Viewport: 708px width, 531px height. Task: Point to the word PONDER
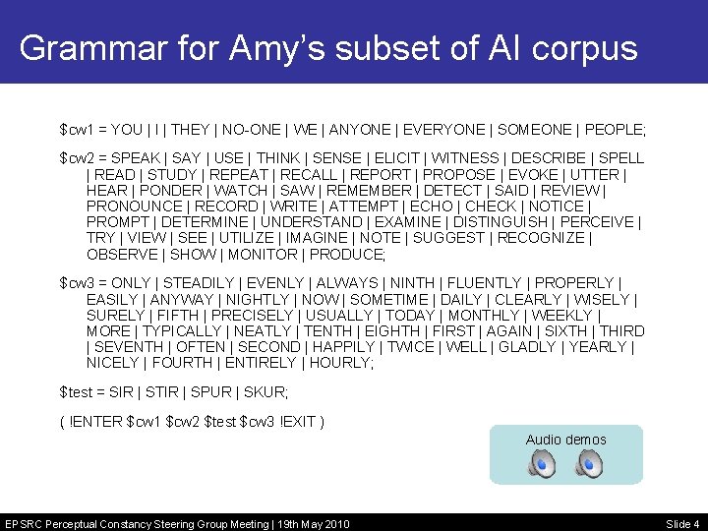tap(169, 191)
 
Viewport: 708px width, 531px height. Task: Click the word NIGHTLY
tap(257, 299)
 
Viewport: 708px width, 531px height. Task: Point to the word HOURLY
tap(341, 363)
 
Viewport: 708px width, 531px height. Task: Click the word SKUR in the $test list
tap(265, 392)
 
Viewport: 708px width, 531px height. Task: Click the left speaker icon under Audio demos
tap(540, 464)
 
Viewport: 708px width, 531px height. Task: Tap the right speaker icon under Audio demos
tap(589, 464)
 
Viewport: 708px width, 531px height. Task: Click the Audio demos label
tap(565, 440)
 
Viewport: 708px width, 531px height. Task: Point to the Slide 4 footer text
tap(682, 524)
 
